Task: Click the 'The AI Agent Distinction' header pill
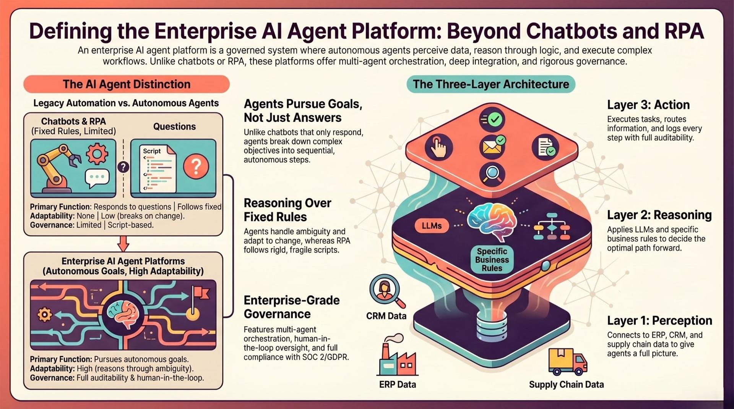(127, 84)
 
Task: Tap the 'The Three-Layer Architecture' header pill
(491, 84)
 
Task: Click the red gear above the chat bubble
(97, 154)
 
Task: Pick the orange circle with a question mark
(196, 167)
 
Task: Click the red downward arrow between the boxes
(123, 243)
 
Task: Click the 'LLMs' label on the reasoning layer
(432, 226)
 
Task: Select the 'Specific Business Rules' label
(492, 260)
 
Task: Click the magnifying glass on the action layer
(492, 175)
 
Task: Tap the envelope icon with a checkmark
(493, 145)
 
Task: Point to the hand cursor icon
(439, 147)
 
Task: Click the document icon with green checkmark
(546, 147)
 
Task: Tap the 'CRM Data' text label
(386, 316)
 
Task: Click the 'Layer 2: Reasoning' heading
(659, 215)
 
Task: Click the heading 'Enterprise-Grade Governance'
(292, 307)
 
